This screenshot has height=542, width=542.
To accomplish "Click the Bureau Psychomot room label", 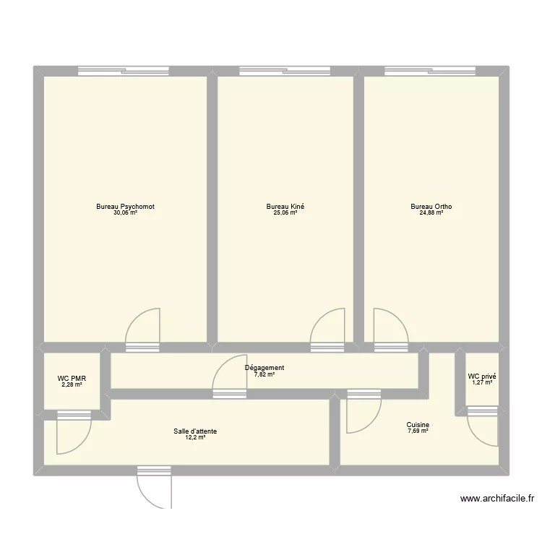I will [125, 207].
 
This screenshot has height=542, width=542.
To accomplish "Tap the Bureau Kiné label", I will [285, 207].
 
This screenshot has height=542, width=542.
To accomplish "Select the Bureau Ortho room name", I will [431, 207].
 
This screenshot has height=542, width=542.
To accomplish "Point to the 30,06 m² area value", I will [125, 213].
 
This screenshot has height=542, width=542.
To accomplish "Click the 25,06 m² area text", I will [285, 213].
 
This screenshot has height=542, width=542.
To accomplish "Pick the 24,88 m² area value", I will [431, 213].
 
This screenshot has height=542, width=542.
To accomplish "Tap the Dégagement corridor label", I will [264, 368].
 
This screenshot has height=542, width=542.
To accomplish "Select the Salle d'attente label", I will [195, 431].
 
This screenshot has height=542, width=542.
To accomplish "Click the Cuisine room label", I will [418, 425].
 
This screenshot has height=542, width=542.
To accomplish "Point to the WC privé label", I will [482, 377].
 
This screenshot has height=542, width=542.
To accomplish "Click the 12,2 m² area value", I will [195, 438].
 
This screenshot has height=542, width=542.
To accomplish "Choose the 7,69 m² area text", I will [418, 431].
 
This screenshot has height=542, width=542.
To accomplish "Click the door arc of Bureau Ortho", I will [391, 324].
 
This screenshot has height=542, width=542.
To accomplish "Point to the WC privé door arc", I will [482, 430].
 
